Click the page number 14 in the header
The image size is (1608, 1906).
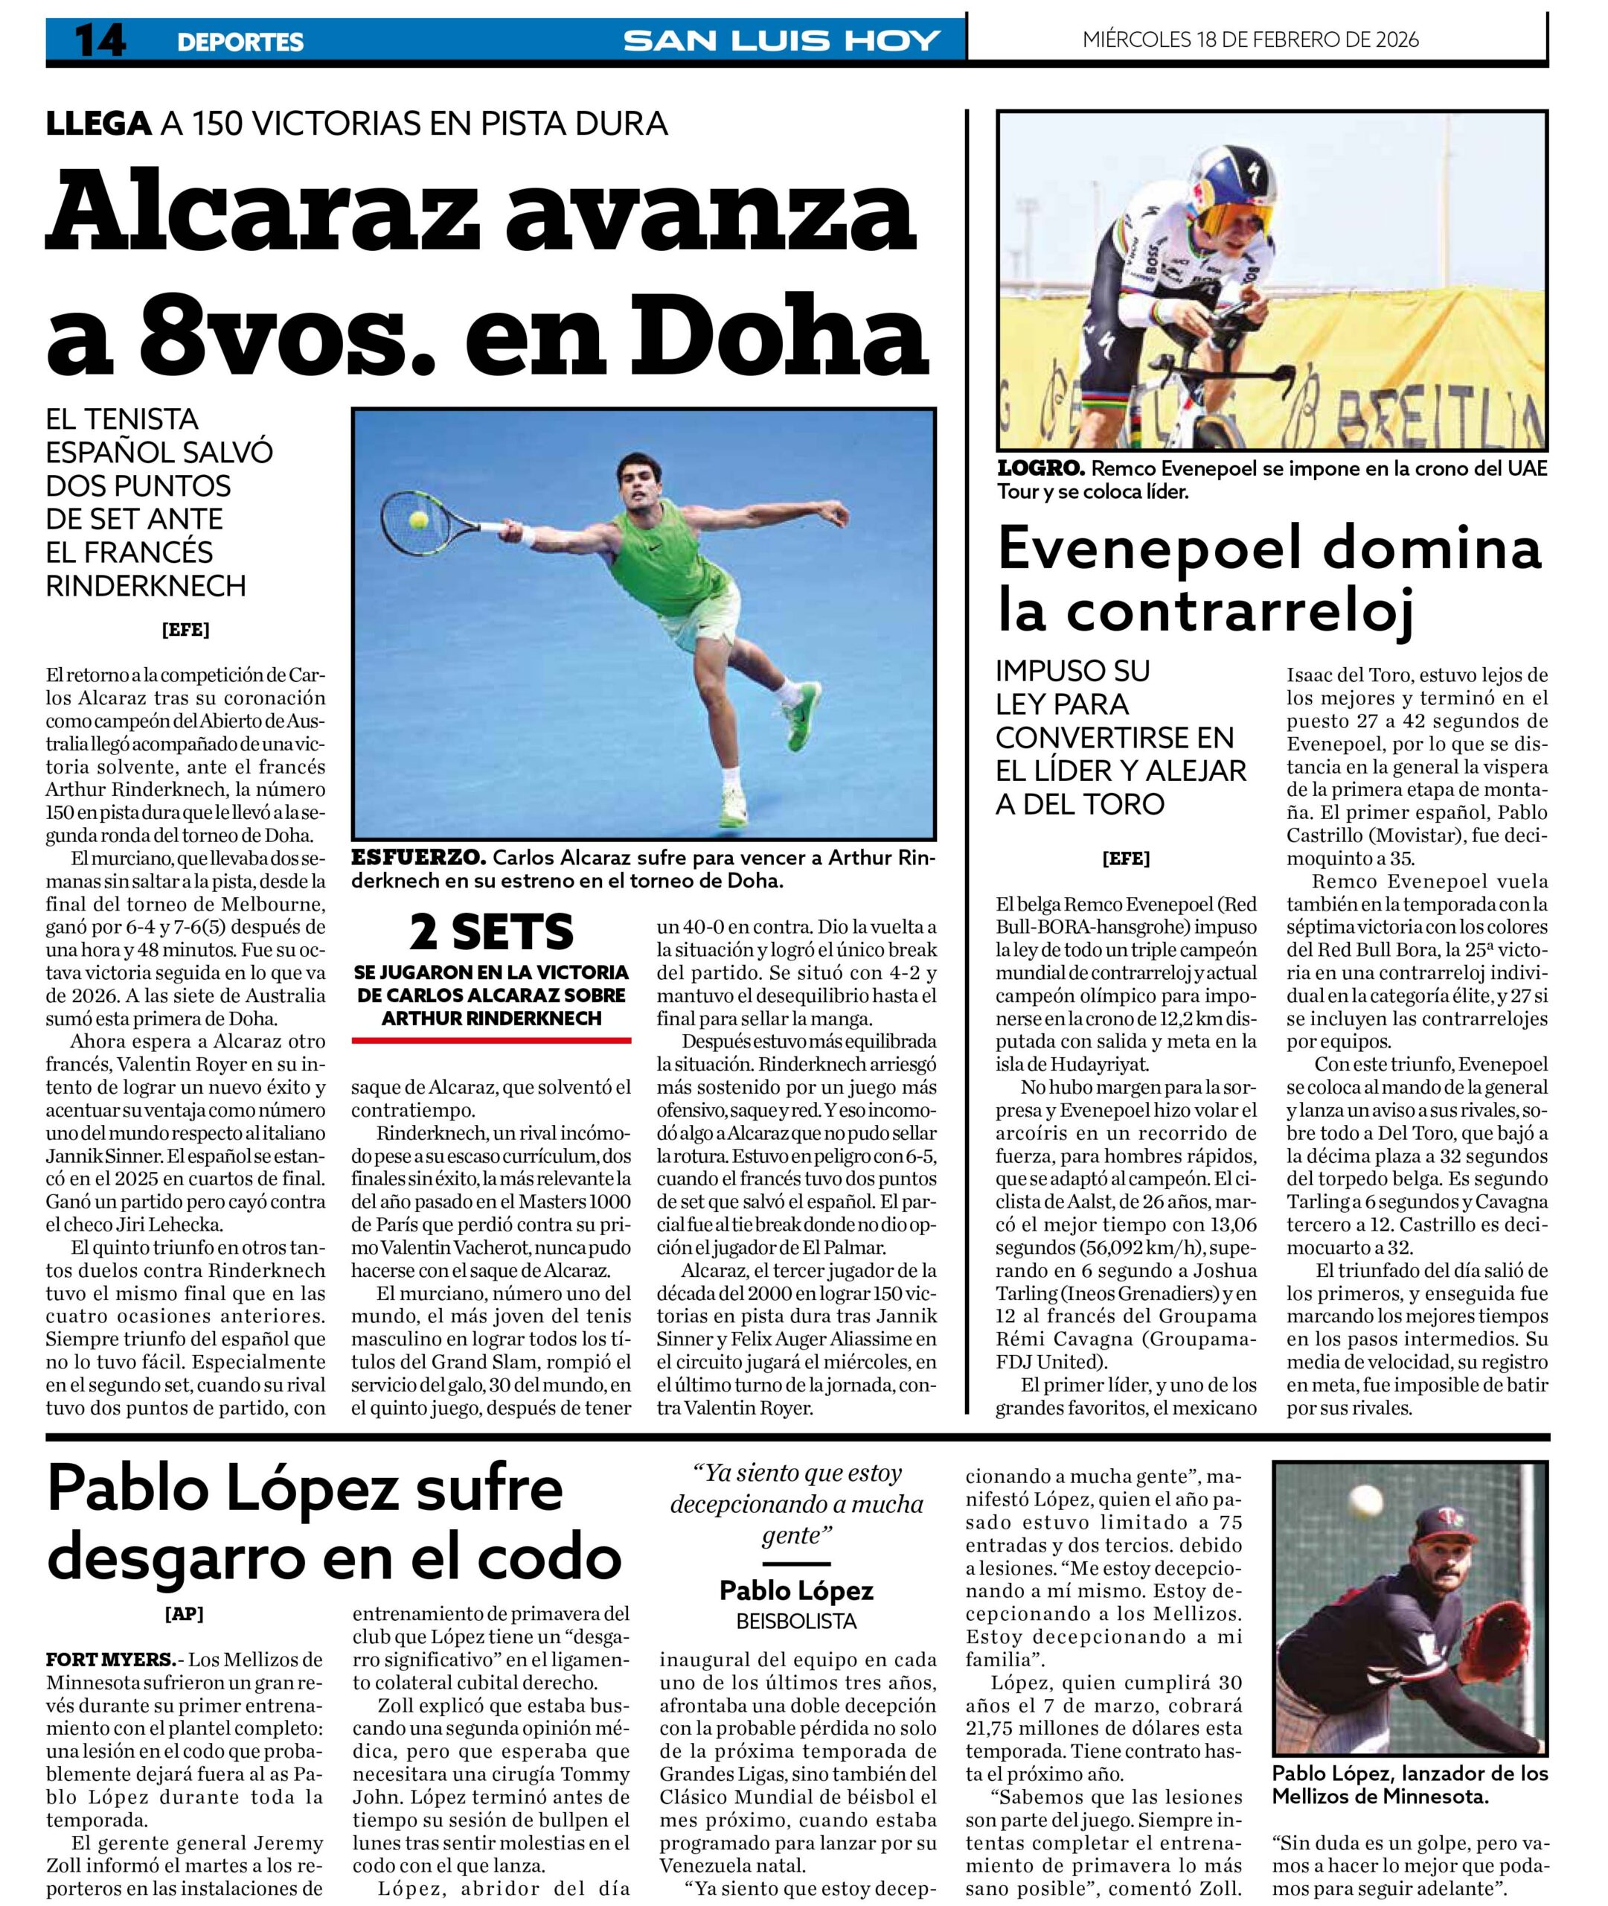[100, 41]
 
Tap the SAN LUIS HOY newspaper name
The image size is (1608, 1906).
[781, 41]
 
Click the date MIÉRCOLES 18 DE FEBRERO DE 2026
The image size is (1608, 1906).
[1250, 39]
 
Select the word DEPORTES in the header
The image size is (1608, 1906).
[240, 42]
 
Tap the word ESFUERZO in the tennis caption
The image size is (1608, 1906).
[418, 858]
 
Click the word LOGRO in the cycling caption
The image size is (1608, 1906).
[1040, 469]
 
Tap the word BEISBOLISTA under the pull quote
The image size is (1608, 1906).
[795, 1622]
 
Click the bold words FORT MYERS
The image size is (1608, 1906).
[110, 1659]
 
